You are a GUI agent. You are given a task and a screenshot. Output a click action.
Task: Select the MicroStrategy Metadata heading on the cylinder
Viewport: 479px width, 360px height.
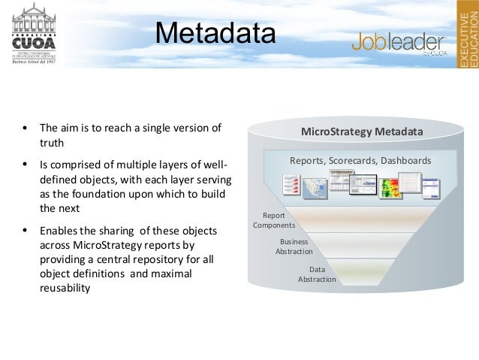(361, 132)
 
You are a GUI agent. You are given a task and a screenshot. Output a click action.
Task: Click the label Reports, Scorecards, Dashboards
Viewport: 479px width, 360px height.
(360, 161)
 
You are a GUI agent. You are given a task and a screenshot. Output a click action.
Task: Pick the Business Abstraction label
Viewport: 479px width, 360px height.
(294, 247)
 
